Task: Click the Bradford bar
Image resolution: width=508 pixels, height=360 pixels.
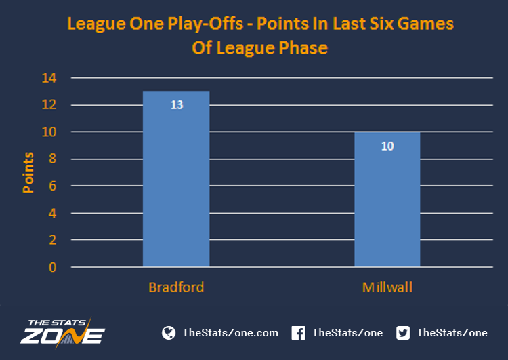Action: click(176, 179)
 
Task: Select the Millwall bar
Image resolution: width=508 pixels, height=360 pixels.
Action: click(387, 199)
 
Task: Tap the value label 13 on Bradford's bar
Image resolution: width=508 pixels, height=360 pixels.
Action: click(177, 105)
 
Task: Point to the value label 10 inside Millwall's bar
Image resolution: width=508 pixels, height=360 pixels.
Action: click(387, 146)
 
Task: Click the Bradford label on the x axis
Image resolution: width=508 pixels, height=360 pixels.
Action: click(176, 287)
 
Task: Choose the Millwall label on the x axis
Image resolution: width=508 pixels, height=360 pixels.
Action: click(387, 287)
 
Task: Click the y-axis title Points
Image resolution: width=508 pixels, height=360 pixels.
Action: click(28, 172)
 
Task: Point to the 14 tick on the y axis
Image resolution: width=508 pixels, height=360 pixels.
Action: click(49, 78)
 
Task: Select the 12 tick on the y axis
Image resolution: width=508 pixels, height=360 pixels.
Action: click(49, 104)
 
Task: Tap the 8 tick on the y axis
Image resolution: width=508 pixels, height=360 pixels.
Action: click(52, 159)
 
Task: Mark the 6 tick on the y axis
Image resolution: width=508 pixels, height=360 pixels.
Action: click(52, 186)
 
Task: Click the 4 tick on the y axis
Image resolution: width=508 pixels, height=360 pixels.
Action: click(52, 213)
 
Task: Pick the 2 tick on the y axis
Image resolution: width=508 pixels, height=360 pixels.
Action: click(52, 240)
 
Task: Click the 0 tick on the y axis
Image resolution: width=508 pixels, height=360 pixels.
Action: click(52, 267)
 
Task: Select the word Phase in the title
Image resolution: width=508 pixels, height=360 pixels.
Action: click(303, 47)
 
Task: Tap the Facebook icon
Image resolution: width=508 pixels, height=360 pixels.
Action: click(298, 333)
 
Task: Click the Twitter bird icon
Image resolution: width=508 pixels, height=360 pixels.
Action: click(403, 333)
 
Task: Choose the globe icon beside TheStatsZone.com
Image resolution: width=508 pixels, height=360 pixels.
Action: click(169, 333)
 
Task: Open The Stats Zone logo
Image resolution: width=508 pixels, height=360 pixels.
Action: click(63, 333)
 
